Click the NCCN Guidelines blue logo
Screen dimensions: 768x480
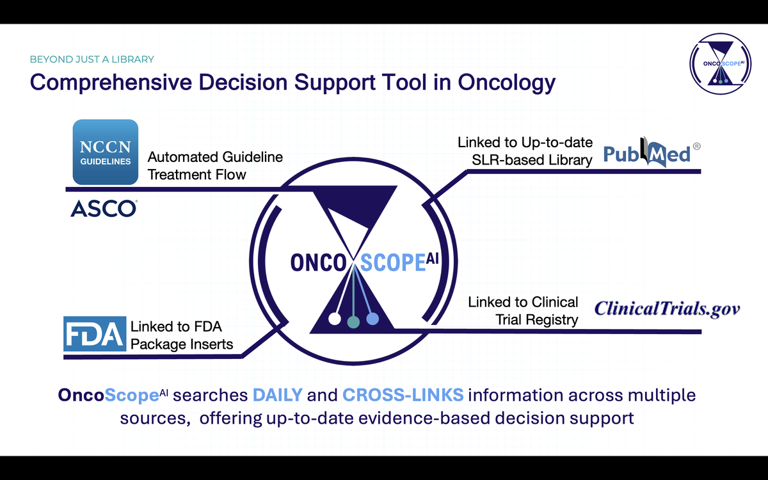pos(105,152)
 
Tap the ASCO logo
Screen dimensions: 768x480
pos(104,209)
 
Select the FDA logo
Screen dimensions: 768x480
pos(95,333)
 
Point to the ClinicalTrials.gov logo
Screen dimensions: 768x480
pos(667,309)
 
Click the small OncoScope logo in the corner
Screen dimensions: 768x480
pos(721,64)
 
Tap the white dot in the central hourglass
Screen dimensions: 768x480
pos(335,319)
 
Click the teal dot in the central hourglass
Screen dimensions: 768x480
pos(353,322)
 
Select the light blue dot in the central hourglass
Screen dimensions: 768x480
pos(372,319)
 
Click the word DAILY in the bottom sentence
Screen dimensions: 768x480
pos(278,395)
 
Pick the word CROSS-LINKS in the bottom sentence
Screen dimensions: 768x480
pos(403,395)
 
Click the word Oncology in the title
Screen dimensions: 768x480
pos(506,83)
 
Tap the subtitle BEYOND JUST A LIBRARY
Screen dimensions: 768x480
pos(92,60)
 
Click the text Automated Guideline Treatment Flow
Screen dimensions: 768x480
pos(215,166)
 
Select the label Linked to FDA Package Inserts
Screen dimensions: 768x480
pos(182,335)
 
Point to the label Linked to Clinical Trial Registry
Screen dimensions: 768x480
pos(524,311)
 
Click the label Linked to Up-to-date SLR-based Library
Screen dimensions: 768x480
pos(525,151)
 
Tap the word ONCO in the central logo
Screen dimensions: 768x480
pos(319,263)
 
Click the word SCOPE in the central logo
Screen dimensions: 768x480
pos(393,263)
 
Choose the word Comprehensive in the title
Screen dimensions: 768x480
pos(111,83)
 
